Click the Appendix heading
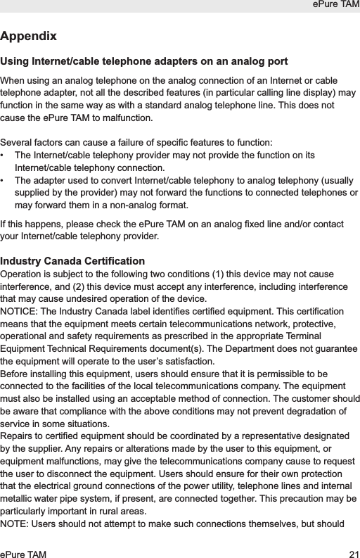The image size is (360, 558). click(29, 36)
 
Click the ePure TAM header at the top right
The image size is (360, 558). click(334, 6)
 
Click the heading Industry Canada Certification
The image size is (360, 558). click(73, 261)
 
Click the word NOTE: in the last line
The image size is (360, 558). click(18, 526)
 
